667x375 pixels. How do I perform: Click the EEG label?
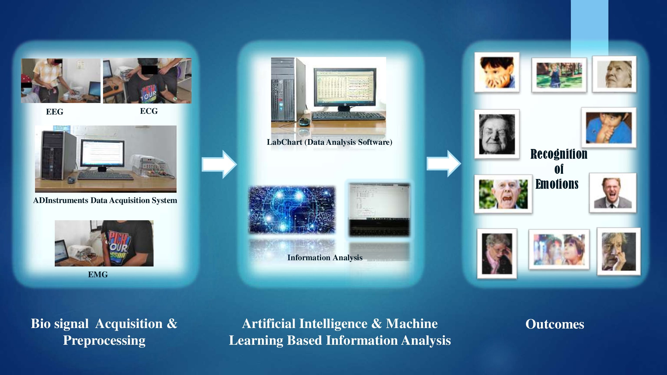pos(55,112)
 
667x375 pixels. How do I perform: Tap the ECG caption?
pos(149,111)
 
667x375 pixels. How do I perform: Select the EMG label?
pos(98,274)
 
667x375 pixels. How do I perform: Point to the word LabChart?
pos(284,142)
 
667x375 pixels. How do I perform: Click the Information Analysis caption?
pos(325,257)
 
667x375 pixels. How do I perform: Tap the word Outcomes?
pos(555,324)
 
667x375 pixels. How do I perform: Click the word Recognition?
pos(559,154)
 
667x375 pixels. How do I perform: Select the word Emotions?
pos(557,184)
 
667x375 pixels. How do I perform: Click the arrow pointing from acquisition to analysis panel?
pos(219,164)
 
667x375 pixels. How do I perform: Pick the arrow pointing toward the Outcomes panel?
pos(444,163)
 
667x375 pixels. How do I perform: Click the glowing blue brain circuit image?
pos(292,210)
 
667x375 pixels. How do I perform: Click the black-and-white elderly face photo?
pos(497,134)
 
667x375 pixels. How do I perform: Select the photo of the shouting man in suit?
pos(613,193)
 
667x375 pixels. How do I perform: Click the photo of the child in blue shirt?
pos(609,127)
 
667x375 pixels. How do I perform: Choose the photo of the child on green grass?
pos(559,75)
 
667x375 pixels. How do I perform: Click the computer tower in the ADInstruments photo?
pos(56,155)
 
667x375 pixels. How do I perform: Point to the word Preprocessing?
pos(104,340)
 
